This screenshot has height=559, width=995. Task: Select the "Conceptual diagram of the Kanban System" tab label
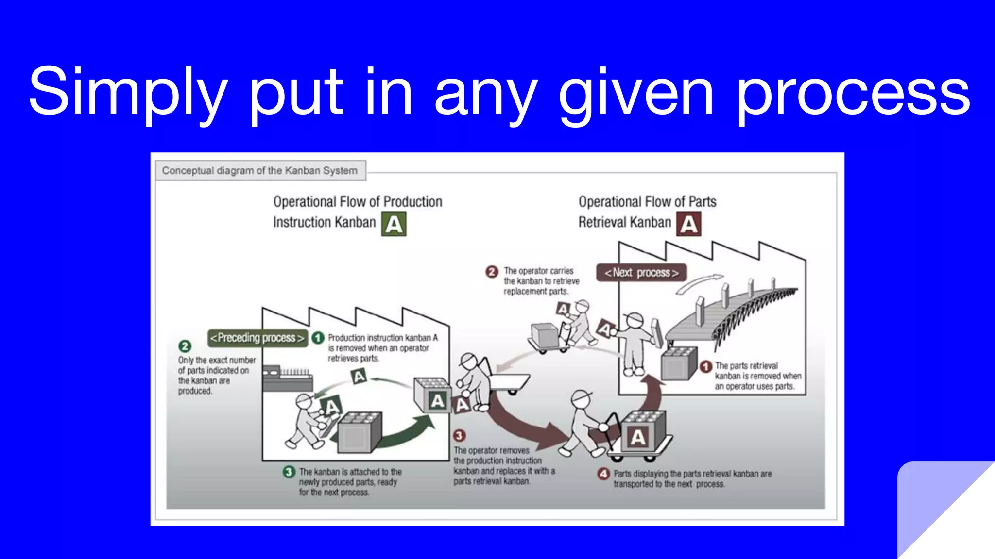[x=260, y=171]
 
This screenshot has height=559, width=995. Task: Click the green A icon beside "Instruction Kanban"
[x=394, y=225]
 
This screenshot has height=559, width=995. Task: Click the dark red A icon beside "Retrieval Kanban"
[x=689, y=225]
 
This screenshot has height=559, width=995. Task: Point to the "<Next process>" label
[x=641, y=273]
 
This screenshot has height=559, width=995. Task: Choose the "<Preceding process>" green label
[x=257, y=338]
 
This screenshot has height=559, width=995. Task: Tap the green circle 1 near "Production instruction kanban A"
[x=318, y=338]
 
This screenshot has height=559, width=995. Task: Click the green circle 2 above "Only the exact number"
[x=185, y=346]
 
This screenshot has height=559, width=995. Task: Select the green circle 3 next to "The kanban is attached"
[x=289, y=472]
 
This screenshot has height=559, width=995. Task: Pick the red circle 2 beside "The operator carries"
[x=492, y=271]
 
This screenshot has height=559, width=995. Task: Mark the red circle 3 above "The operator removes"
[x=459, y=435]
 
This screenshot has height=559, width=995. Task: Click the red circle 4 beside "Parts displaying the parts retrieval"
[x=603, y=474]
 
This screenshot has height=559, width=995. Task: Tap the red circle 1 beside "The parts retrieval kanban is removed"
[x=706, y=366]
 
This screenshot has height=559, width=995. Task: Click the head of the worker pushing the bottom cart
[x=581, y=399]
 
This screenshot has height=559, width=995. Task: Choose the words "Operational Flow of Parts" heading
[x=647, y=202]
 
